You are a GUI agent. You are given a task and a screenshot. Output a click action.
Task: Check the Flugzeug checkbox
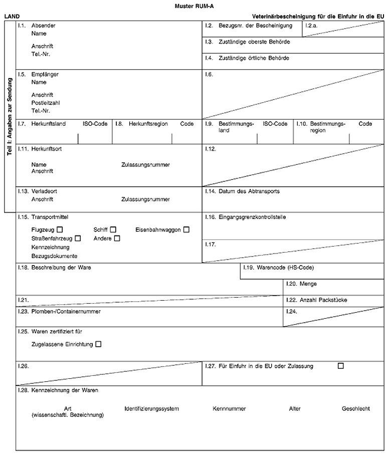point(60,230)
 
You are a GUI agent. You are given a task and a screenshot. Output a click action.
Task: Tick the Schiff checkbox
point(113,230)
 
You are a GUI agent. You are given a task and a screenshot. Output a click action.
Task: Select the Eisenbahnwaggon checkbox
point(186,230)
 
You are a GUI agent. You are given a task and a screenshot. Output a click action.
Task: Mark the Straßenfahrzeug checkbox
point(78,239)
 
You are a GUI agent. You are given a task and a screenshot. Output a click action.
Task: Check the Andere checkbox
point(117,239)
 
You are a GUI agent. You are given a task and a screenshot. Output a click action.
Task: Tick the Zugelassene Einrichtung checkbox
point(98,344)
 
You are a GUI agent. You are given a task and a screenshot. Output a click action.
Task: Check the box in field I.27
point(341,366)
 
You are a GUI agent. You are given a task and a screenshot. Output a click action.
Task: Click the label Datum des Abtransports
point(249,191)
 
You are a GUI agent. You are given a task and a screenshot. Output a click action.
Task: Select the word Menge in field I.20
point(308,284)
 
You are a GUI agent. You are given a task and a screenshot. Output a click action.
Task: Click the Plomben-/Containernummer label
point(66,312)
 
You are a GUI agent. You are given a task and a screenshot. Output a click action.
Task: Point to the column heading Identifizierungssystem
point(152,409)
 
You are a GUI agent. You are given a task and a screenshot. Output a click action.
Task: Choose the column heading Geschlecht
point(356,409)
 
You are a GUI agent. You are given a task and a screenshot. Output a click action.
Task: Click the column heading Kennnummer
point(229,409)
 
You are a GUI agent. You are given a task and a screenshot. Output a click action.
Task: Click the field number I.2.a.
point(311,26)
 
